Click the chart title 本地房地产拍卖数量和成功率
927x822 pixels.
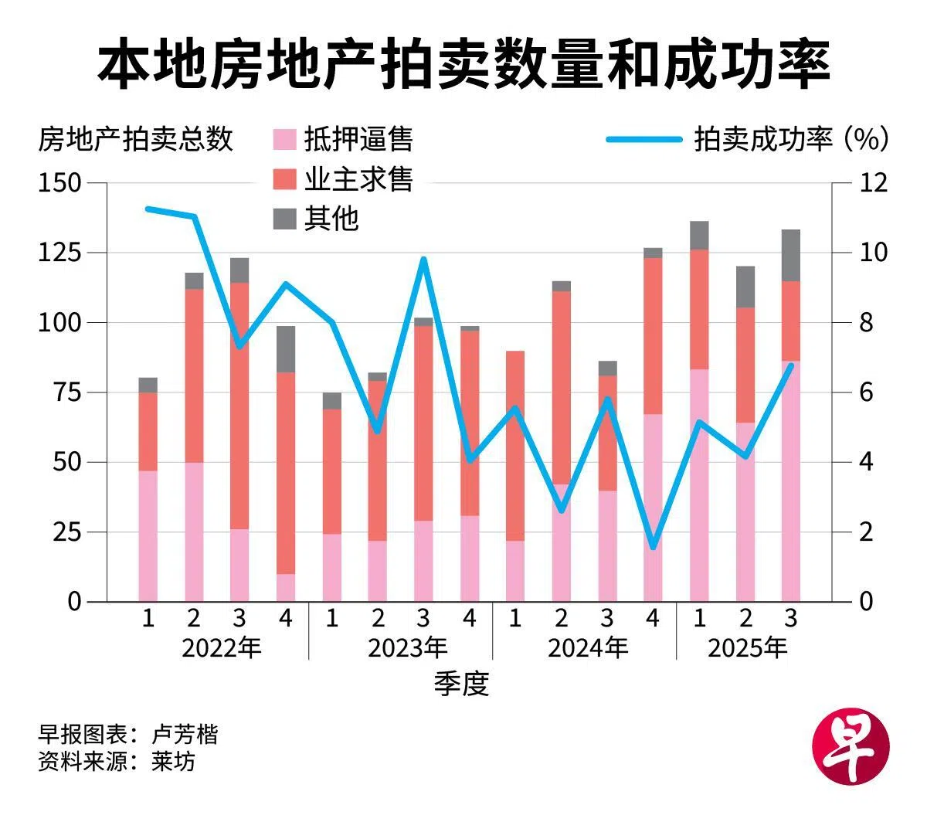point(463,65)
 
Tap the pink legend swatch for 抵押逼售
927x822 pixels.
point(285,140)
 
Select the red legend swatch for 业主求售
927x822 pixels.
point(285,179)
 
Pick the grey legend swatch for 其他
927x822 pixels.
point(285,219)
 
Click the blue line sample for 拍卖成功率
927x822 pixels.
point(643,140)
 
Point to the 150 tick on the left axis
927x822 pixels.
point(60,183)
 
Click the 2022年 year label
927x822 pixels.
point(222,647)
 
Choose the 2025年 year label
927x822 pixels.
point(747,647)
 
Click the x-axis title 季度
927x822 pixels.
point(461,684)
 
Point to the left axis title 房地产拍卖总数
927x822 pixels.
point(135,140)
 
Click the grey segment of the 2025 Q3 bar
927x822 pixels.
point(790,256)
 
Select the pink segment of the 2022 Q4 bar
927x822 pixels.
point(286,587)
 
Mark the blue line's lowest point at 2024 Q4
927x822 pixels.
point(653,547)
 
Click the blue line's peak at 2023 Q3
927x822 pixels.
point(423,259)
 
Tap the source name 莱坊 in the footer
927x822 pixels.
point(173,762)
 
